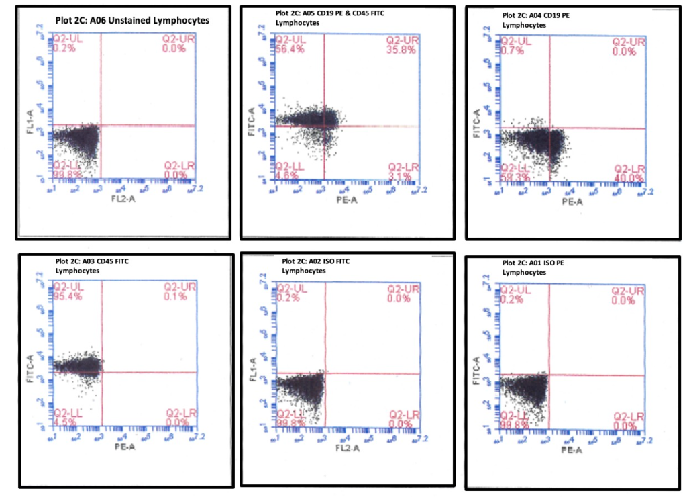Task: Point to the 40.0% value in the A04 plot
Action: pos(628,179)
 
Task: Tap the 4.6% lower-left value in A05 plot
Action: pos(287,176)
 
